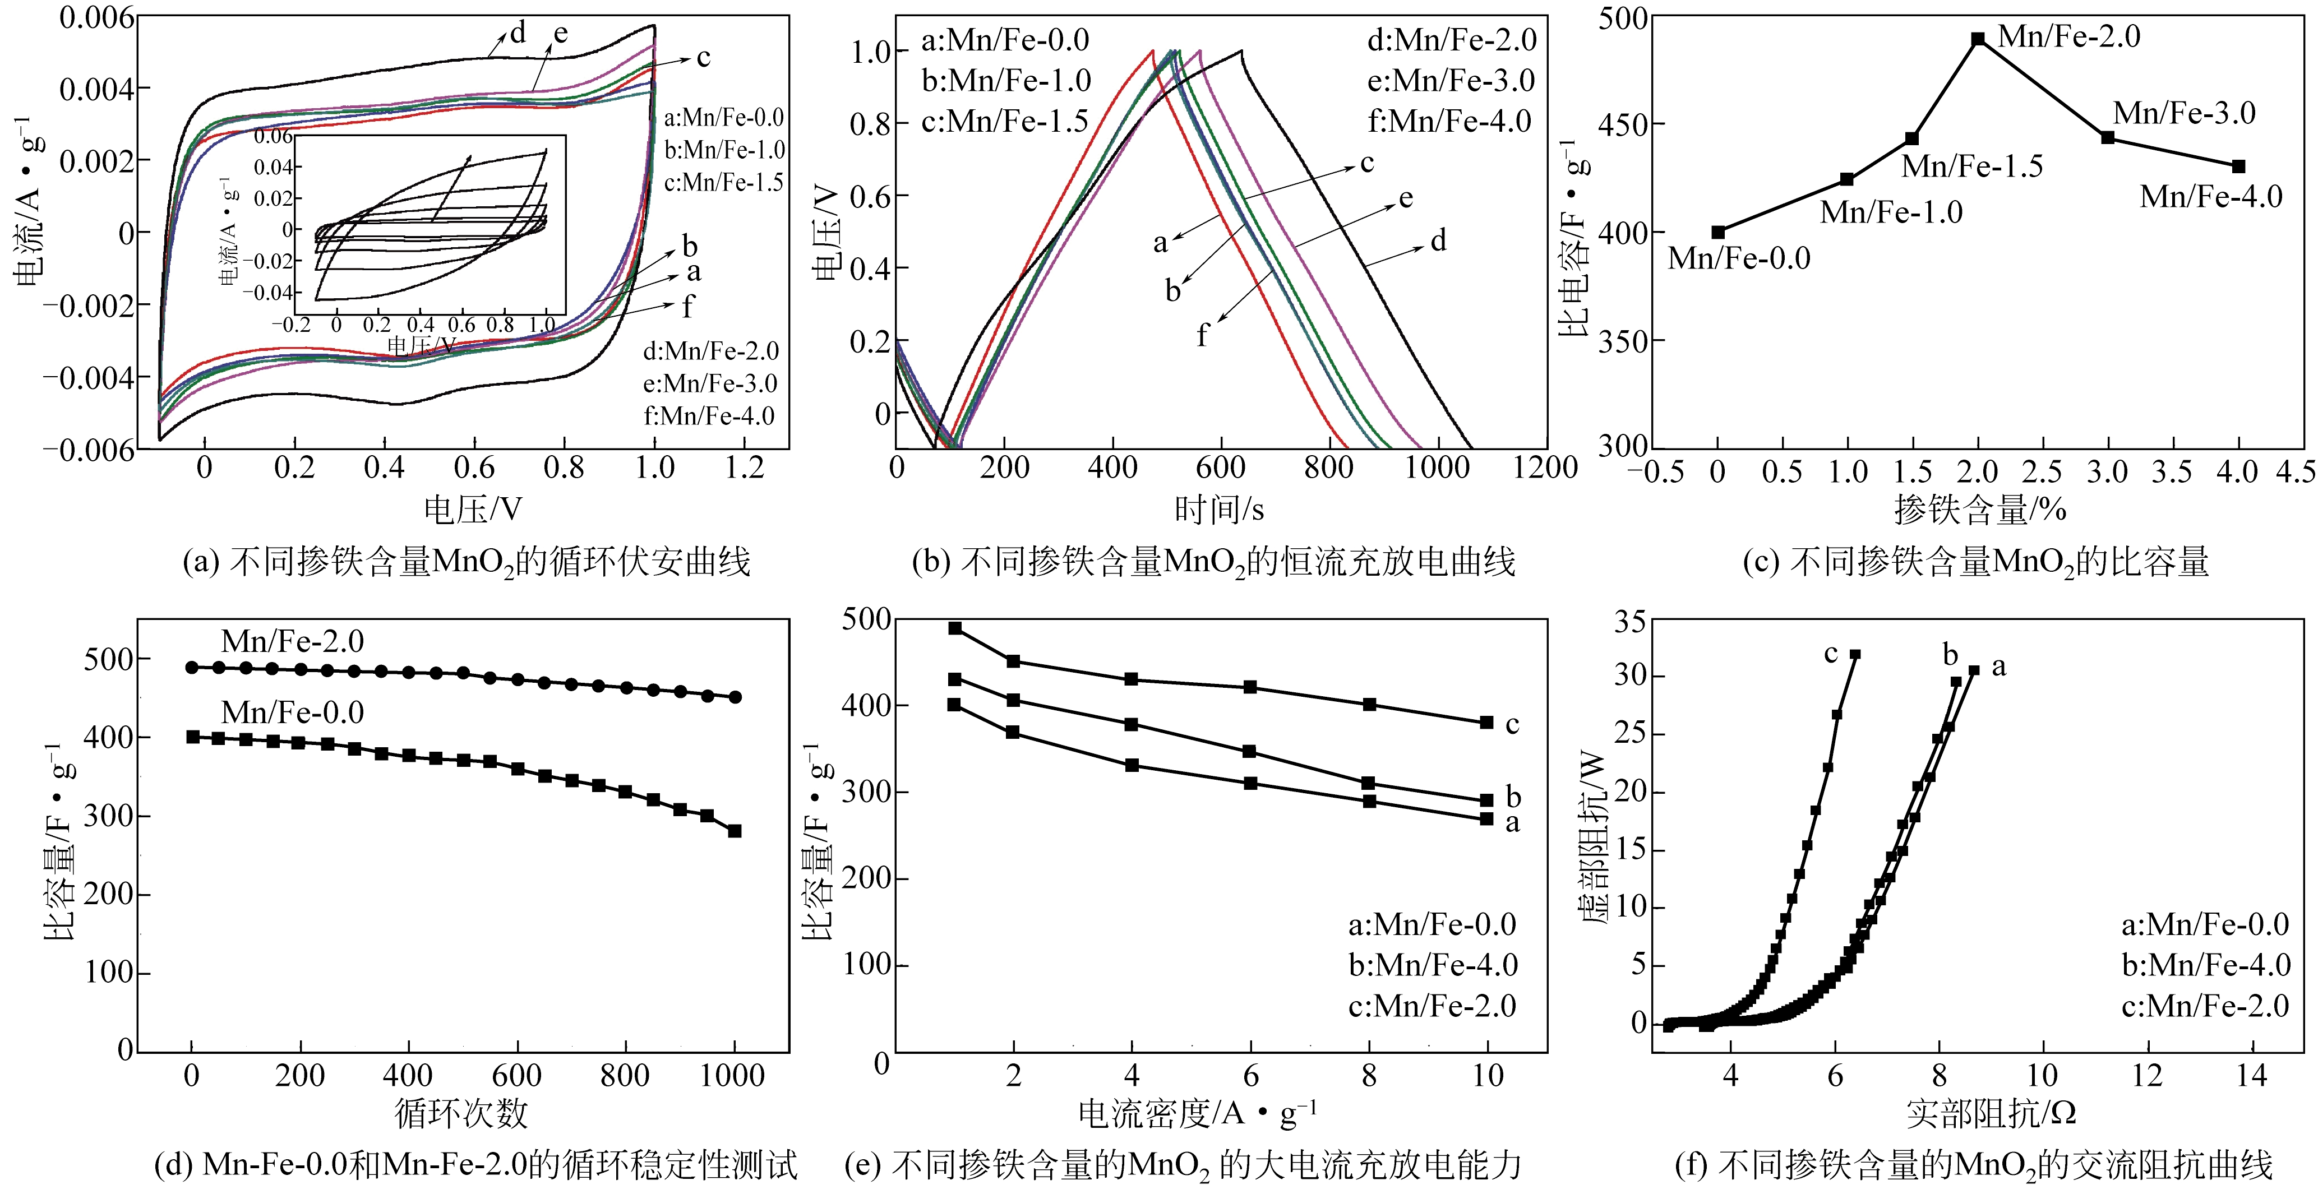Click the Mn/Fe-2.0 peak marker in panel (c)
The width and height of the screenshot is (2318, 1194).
[x=1978, y=39]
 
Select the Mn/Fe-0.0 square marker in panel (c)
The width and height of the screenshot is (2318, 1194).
[x=1718, y=232]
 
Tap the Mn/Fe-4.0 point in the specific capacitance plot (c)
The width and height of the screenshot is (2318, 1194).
[x=2239, y=166]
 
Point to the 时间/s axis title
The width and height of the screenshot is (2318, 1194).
[x=1220, y=510]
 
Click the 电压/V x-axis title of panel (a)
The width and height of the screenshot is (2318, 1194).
[x=473, y=510]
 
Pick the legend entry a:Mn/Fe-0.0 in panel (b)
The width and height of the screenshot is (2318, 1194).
[x=1005, y=40]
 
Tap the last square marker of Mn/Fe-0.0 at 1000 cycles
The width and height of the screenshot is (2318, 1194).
[x=735, y=831]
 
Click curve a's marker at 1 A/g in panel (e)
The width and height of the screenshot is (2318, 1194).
[x=955, y=705]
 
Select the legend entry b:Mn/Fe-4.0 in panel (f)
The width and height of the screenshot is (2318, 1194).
[x=2205, y=965]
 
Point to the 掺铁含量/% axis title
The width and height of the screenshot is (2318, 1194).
[x=1980, y=510]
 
